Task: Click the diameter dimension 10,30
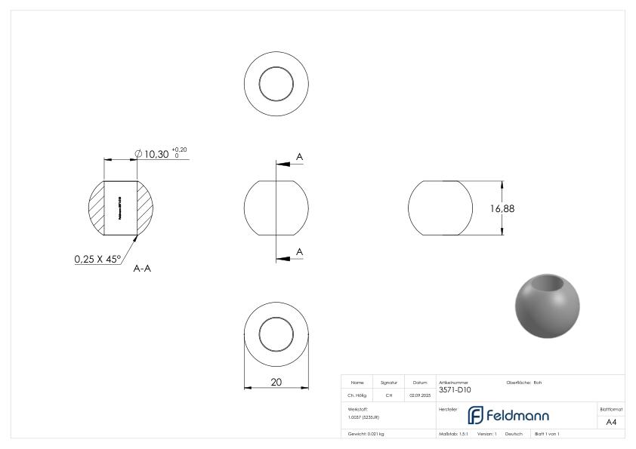click(156, 153)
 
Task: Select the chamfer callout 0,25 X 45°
click(97, 259)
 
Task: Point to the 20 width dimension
click(276, 383)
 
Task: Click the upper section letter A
click(299, 156)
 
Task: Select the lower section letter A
click(299, 251)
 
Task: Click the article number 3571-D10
click(455, 390)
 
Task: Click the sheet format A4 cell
click(611, 422)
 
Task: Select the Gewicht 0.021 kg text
click(366, 434)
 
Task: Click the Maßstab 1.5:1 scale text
click(454, 434)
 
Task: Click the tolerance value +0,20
click(179, 149)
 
